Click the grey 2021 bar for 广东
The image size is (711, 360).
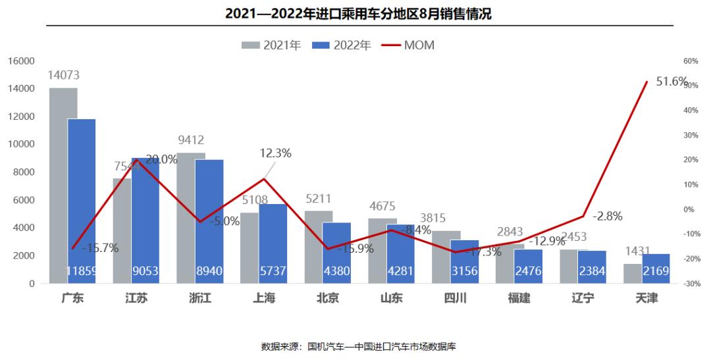(63, 185)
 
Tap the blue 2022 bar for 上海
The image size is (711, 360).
(273, 244)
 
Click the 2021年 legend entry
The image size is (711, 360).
(272, 45)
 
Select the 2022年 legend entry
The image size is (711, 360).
(342, 45)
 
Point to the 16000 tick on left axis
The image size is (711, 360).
(22, 61)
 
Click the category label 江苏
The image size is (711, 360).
(136, 298)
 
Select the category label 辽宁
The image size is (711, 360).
(583, 298)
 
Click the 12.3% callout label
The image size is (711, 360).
(275, 153)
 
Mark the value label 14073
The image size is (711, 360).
(64, 76)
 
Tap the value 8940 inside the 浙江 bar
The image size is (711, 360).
(209, 271)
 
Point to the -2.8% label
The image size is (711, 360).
(607, 216)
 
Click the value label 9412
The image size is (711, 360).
(191, 140)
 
